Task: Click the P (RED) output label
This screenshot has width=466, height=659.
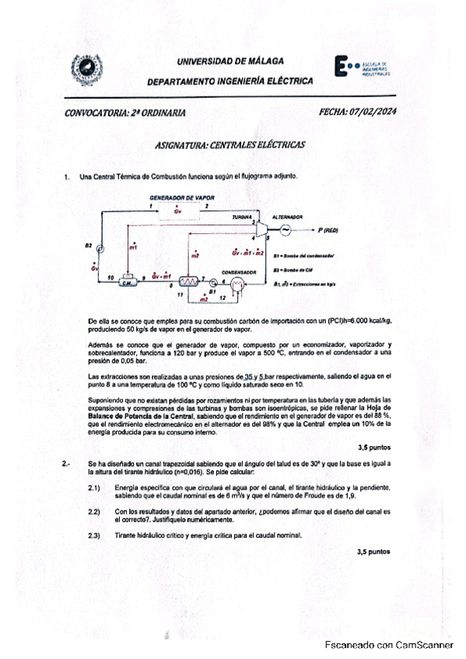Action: tap(328, 230)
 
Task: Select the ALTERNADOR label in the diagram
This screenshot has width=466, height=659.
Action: tap(287, 217)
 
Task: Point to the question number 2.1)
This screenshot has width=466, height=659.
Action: tap(96, 487)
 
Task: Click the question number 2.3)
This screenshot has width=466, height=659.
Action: tap(96, 535)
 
